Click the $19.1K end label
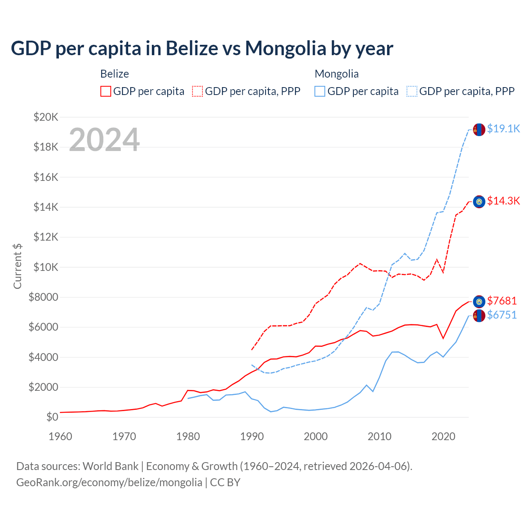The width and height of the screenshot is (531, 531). pos(503,129)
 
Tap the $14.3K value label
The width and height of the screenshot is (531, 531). pos(503,201)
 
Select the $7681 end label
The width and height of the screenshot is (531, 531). pos(502,301)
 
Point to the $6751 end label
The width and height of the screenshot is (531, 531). pos(502,315)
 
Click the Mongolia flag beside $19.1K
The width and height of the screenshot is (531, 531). pos(479,129)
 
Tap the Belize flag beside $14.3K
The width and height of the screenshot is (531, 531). pos(479,202)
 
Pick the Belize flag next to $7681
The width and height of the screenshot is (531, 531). pos(479,301)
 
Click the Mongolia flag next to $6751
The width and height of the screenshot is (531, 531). pos(479,316)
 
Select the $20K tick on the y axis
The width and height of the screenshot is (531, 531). pos(46,117)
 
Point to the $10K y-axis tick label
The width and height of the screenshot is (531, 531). pos(46,267)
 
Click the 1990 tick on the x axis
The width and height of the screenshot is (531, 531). pos(252,436)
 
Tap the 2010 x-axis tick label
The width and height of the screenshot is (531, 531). pos(380,436)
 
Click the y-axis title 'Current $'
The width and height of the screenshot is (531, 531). pos(17,266)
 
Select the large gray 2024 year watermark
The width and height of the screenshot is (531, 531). pos(104,140)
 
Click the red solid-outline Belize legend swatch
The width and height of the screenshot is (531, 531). pos(106,91)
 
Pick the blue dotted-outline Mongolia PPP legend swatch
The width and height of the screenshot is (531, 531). pos(412,91)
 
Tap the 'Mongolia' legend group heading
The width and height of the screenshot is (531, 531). pos(336,74)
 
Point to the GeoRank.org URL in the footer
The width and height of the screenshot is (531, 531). pos(109,482)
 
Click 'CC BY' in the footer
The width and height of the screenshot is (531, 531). pos(225,482)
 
